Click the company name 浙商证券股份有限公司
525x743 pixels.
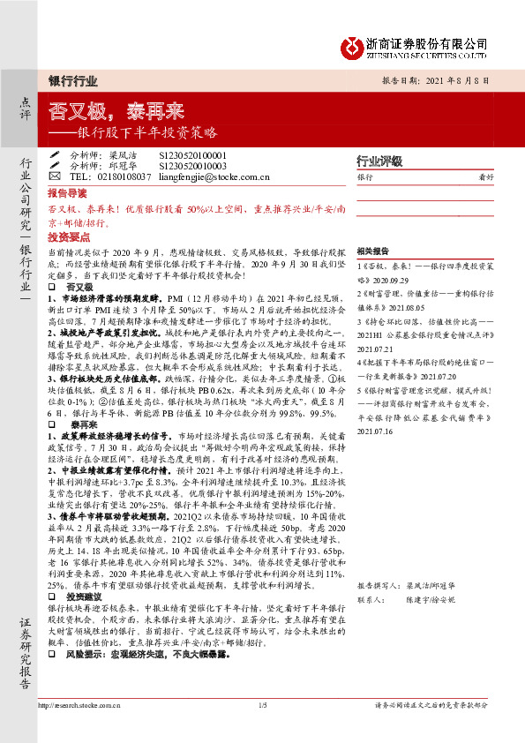point(428,40)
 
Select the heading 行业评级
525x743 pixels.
point(379,161)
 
